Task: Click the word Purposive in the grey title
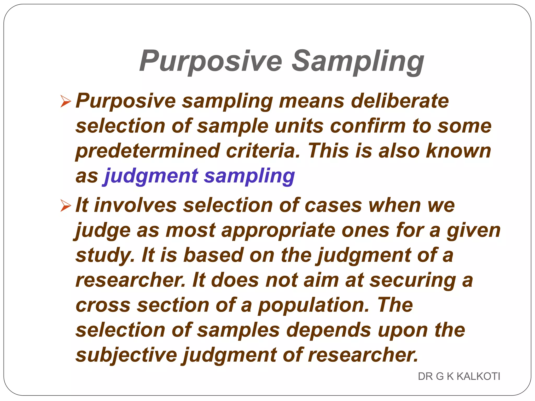(211, 62)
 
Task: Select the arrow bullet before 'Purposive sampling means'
(66, 101)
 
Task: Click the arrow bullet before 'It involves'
(66, 205)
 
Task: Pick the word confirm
(368, 126)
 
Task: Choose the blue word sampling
(249, 176)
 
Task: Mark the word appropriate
(278, 231)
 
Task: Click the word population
(313, 305)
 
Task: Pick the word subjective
(126, 355)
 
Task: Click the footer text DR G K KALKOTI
(459, 376)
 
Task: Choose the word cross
(103, 305)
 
